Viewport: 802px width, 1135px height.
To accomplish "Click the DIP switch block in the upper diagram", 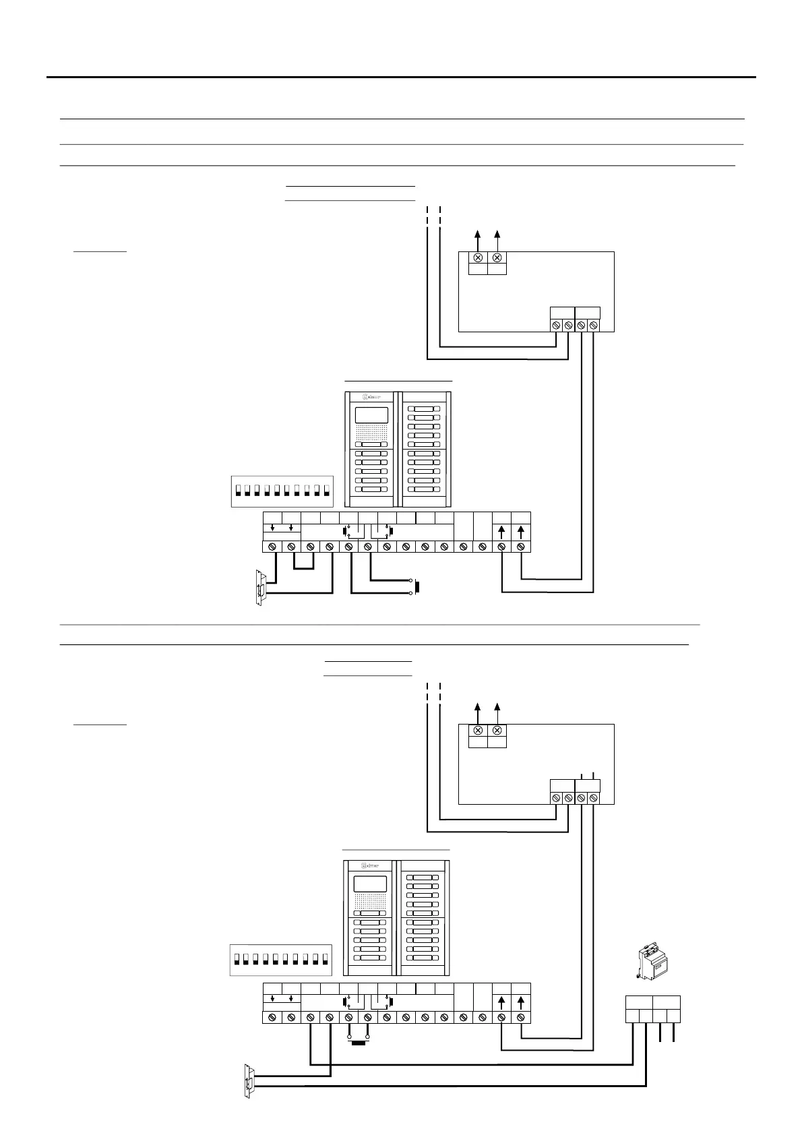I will pyautogui.click(x=282, y=491).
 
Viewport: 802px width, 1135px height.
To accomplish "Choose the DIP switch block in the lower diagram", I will pyautogui.click(x=280, y=960).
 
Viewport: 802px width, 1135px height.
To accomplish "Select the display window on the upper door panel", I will pyautogui.click(x=371, y=415).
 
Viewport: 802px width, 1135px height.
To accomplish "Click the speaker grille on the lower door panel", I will pyautogui.click(x=371, y=901).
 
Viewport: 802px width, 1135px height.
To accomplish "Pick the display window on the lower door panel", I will pyautogui.click(x=370, y=884).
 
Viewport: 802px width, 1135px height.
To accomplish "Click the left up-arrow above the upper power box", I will pyautogui.click(x=478, y=235).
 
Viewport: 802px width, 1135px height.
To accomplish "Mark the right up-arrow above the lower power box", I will pyautogui.click(x=497, y=708).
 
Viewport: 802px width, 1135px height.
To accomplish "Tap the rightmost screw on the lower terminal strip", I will pyautogui.click(x=521, y=1017).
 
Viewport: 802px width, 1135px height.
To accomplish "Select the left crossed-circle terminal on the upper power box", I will pyautogui.click(x=478, y=258).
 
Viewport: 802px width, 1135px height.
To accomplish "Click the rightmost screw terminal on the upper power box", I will pyautogui.click(x=593, y=326).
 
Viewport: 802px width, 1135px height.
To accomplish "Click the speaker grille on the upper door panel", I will pyautogui.click(x=371, y=433).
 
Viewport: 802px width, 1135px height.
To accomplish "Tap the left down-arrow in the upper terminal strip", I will pyautogui.click(x=272, y=526).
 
